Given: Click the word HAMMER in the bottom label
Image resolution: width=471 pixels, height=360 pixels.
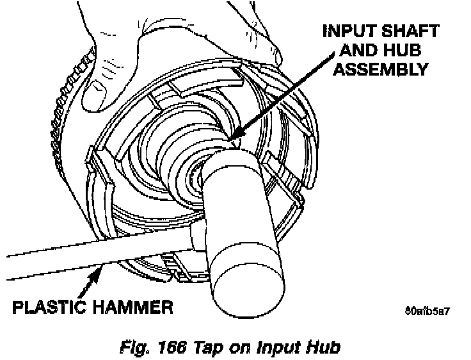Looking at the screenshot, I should (134, 307).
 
